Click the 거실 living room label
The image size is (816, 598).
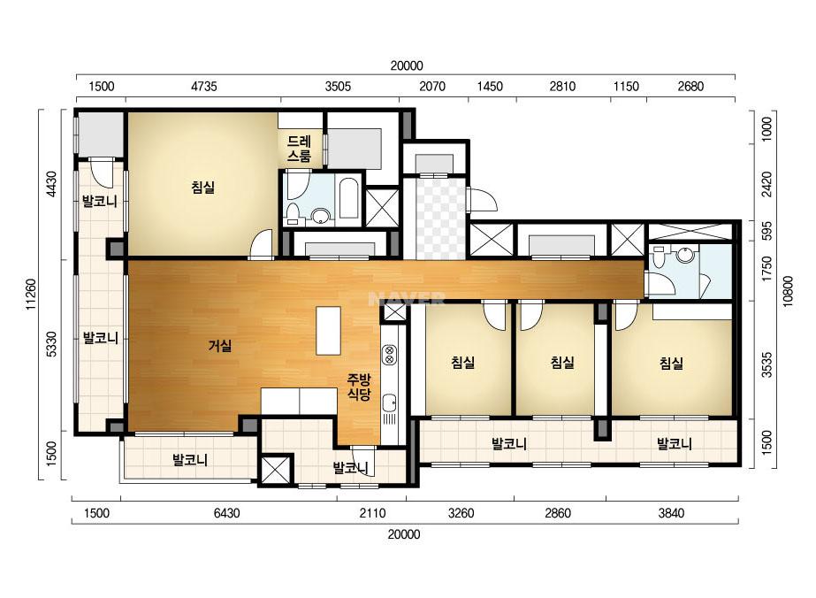point(219,345)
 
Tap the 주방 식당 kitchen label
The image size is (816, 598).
point(359,387)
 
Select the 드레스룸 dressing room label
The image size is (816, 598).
point(299,149)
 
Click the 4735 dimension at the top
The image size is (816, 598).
point(203,87)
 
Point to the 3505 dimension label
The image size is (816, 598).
point(338,87)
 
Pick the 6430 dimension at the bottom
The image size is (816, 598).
point(227,514)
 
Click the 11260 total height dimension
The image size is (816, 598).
point(32,295)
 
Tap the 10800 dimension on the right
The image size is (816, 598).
point(788,291)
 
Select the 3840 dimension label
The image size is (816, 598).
point(671,514)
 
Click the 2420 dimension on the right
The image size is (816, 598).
point(766,184)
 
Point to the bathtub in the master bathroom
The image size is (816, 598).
point(348,199)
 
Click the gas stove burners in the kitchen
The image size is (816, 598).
point(389,355)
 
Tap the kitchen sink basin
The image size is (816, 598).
point(389,403)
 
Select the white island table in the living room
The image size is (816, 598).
point(328,331)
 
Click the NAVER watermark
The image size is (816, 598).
point(407,298)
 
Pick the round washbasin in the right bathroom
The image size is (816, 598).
point(685,255)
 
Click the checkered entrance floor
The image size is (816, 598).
point(440,218)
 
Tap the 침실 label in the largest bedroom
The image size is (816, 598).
point(203,187)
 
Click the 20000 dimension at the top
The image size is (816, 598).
point(407,66)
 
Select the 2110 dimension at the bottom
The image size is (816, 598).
point(372,514)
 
